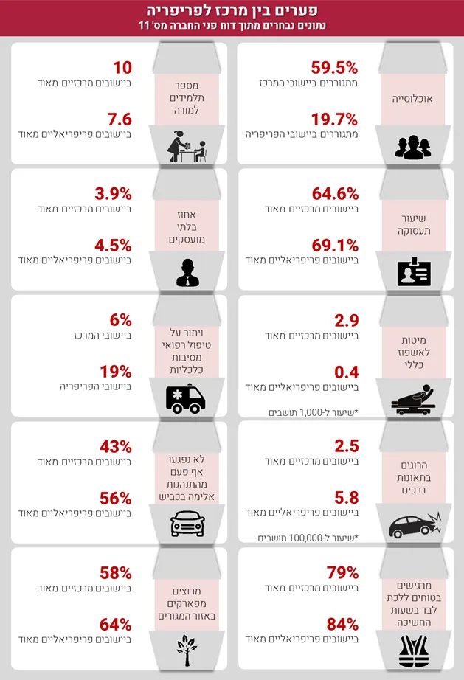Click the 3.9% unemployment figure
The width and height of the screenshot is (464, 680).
[x=113, y=194]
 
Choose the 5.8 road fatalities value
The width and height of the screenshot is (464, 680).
[x=346, y=497]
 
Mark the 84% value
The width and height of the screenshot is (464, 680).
[x=342, y=624]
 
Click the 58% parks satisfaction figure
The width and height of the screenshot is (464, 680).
[x=116, y=572]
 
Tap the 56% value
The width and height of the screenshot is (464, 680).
[x=116, y=498]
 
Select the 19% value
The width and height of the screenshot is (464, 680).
[x=116, y=371]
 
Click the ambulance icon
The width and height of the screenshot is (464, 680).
[x=185, y=399]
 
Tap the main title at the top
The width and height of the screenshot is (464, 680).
[x=232, y=11]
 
